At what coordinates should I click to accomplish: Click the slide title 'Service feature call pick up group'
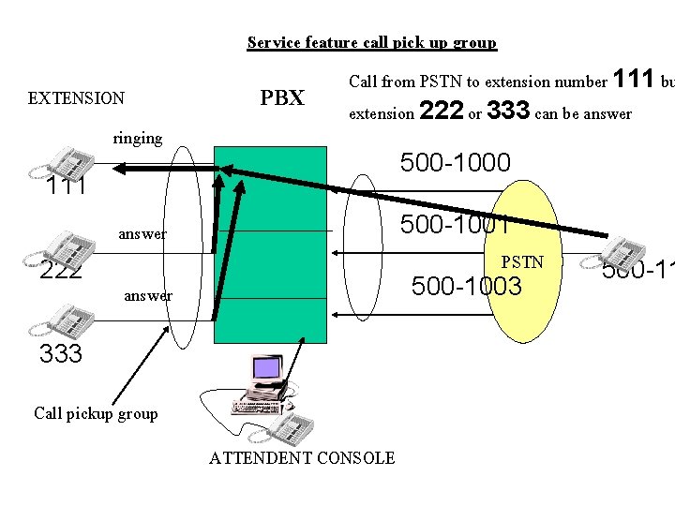pos(371,42)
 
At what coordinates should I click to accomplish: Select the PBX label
pos(282,97)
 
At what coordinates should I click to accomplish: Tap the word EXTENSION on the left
pos(76,97)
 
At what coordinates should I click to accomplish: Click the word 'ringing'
pos(138,138)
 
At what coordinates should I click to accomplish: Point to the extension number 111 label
pos(67,186)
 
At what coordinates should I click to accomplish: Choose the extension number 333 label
pos(61,354)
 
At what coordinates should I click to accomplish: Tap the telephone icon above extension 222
pos(67,246)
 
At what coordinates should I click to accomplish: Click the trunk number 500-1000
pos(455,163)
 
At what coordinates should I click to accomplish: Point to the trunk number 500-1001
pos(455,225)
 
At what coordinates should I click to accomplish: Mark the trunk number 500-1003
pos(466,287)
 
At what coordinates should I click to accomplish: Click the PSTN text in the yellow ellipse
pos(522,261)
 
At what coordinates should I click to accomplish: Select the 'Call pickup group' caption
pos(96,413)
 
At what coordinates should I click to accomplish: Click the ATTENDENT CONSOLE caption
pos(302,457)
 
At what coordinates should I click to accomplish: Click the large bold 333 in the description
pos(509,111)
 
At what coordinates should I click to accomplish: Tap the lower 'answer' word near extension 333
pos(147,295)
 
